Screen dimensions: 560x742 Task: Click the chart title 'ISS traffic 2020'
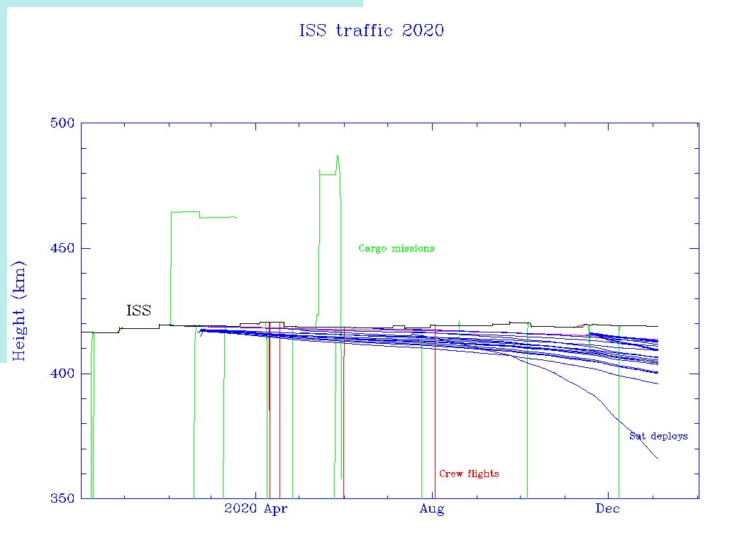tap(372, 30)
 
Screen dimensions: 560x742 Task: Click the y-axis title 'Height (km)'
tap(19, 310)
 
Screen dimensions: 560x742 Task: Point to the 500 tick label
tap(62, 123)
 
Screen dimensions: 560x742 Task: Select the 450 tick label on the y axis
tap(62, 248)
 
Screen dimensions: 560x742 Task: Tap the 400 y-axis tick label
tap(62, 374)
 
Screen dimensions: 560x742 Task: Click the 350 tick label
tap(62, 498)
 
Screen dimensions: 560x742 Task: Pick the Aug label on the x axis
tap(431, 508)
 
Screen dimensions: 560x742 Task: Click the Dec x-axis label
tap(608, 508)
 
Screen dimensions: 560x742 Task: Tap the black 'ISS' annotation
tap(138, 310)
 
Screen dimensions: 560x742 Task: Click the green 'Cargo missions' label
tap(396, 248)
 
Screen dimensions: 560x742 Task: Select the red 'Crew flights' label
tap(468, 474)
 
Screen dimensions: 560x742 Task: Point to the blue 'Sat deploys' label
tap(658, 436)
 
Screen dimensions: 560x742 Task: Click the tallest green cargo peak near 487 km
tap(338, 156)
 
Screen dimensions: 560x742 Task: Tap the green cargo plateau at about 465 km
tap(184, 211)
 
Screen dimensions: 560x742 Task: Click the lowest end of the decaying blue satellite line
tap(658, 458)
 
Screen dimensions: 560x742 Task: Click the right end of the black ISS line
tap(658, 326)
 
